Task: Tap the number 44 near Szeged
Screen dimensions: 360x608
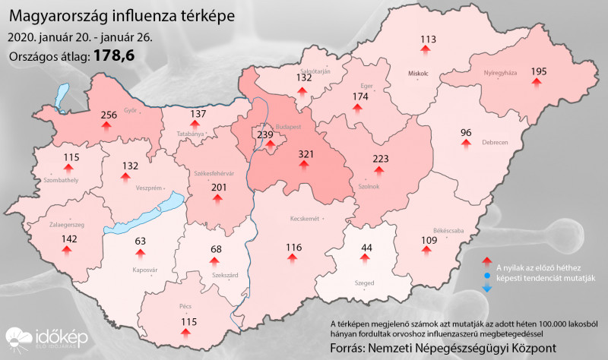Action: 367,248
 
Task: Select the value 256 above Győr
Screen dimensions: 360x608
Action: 109,115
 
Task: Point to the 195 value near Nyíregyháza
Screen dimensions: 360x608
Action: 539,71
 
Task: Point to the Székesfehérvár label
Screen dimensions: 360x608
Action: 215,173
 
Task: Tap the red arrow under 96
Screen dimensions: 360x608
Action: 467,145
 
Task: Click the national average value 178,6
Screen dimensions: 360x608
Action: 114,55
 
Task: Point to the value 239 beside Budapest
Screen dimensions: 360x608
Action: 264,135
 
